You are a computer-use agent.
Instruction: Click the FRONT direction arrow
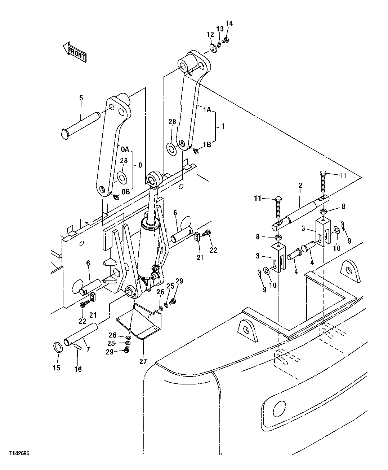click(x=74, y=52)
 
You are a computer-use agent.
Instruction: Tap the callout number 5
click(x=81, y=98)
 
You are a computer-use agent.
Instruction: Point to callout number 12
click(x=210, y=34)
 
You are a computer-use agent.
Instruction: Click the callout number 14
click(x=229, y=24)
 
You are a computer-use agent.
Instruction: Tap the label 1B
click(x=206, y=144)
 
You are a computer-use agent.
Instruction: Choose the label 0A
click(x=125, y=149)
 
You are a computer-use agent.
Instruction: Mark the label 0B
click(x=125, y=192)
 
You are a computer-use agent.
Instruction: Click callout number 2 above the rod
click(x=300, y=186)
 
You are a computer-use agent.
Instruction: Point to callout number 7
click(x=88, y=349)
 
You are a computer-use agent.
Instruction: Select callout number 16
click(x=78, y=369)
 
